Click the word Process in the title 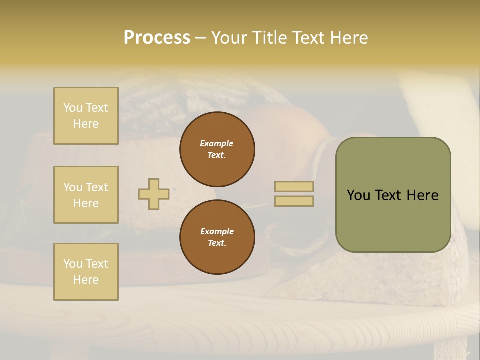tap(157, 38)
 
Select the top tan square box tap(86, 116)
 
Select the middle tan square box tap(86, 195)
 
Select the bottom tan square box tap(86, 272)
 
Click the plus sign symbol tap(153, 194)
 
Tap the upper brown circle tap(217, 149)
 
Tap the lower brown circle tap(217, 237)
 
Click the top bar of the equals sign tap(294, 187)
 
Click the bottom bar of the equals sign tap(294, 201)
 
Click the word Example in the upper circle tap(216, 143)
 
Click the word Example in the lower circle tap(217, 231)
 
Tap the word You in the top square tap(72, 108)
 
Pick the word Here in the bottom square tap(86, 280)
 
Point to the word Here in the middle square tap(86, 203)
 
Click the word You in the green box tap(358, 195)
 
